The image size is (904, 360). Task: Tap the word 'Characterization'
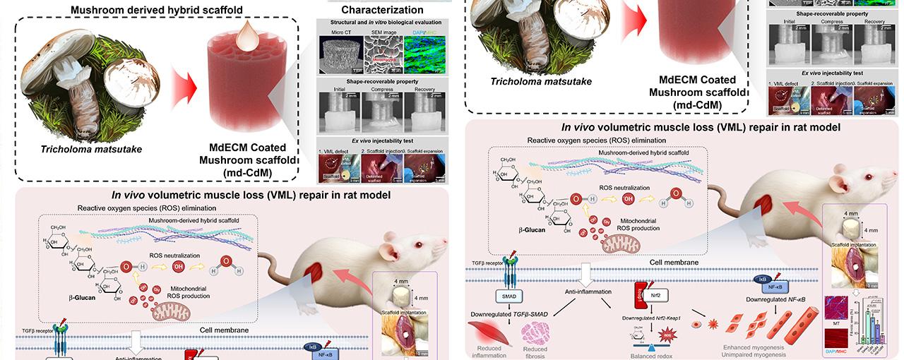382,10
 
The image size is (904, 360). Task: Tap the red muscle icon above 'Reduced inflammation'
489,332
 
